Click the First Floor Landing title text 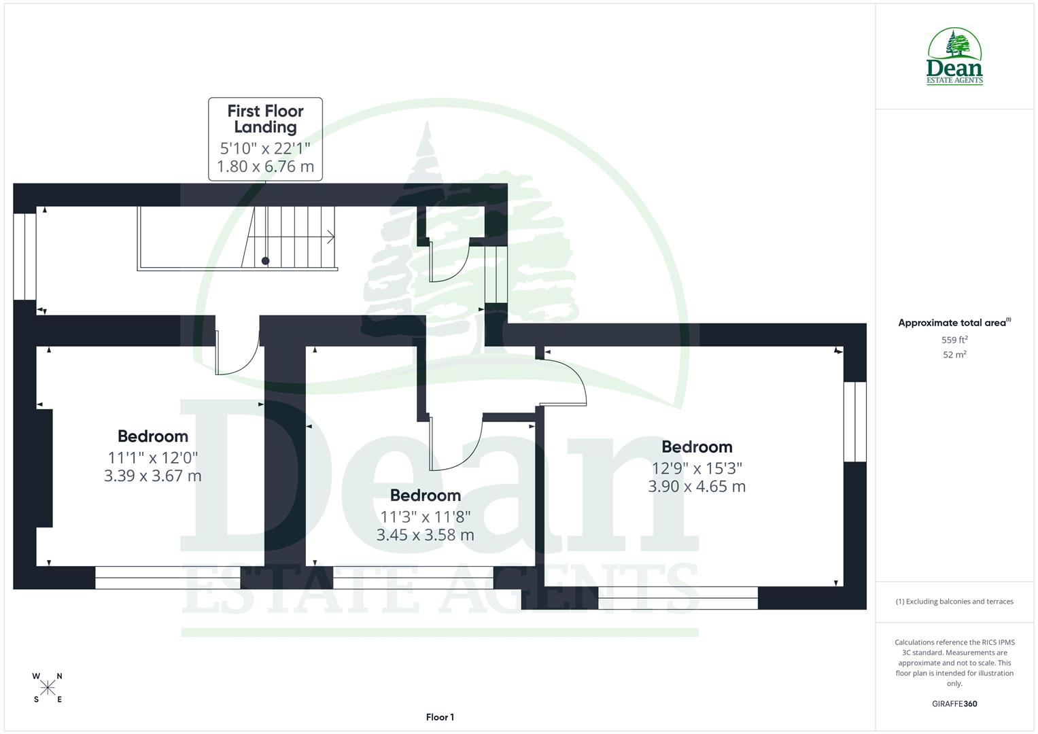265,119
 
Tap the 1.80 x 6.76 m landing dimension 265,167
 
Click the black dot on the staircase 265,261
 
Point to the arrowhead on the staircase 331,237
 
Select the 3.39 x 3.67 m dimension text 152,476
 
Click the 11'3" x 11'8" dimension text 425,517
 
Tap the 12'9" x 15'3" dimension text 697,468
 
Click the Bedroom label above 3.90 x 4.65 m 697,447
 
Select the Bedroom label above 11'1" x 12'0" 152,436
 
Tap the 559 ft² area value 954,340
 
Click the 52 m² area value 954,355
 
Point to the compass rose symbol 48,688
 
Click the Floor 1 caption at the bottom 440,717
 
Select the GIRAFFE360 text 954,703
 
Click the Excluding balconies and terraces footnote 954,601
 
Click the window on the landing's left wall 25,256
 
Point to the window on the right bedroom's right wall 855,422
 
